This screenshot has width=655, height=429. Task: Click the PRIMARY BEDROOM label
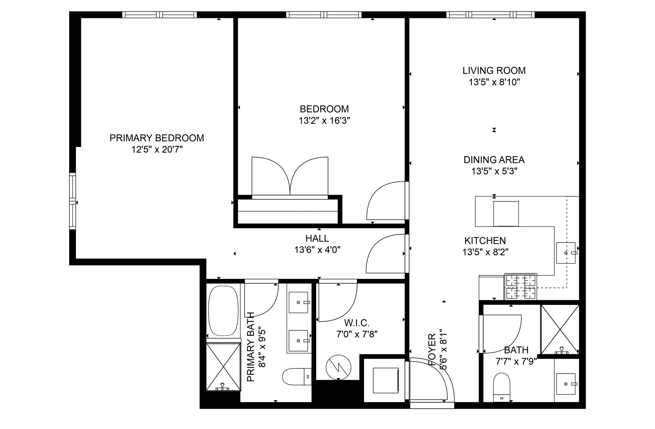click(x=157, y=138)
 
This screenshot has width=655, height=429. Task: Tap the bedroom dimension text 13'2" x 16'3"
click(x=324, y=121)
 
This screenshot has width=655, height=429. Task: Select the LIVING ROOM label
click(x=494, y=70)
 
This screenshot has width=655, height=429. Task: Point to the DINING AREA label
click(x=494, y=160)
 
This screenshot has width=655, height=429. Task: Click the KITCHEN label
click(x=485, y=241)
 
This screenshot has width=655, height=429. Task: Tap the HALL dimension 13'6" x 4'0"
click(x=317, y=250)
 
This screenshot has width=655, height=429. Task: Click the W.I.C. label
click(x=357, y=322)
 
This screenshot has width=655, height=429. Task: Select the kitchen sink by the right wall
click(x=565, y=253)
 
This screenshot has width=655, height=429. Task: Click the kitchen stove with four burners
click(x=520, y=287)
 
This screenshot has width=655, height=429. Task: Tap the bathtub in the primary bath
click(x=223, y=311)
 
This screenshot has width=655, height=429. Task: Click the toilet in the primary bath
click(x=297, y=377)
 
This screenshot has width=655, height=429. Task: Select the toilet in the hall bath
click(x=501, y=387)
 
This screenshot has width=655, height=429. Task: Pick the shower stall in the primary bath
click(x=223, y=367)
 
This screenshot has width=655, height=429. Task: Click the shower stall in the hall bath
click(x=560, y=329)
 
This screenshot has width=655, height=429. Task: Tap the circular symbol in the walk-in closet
click(x=338, y=367)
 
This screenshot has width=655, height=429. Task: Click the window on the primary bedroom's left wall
click(x=73, y=201)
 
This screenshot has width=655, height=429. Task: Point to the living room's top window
click(x=490, y=15)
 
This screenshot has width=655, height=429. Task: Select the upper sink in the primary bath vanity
click(x=298, y=302)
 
